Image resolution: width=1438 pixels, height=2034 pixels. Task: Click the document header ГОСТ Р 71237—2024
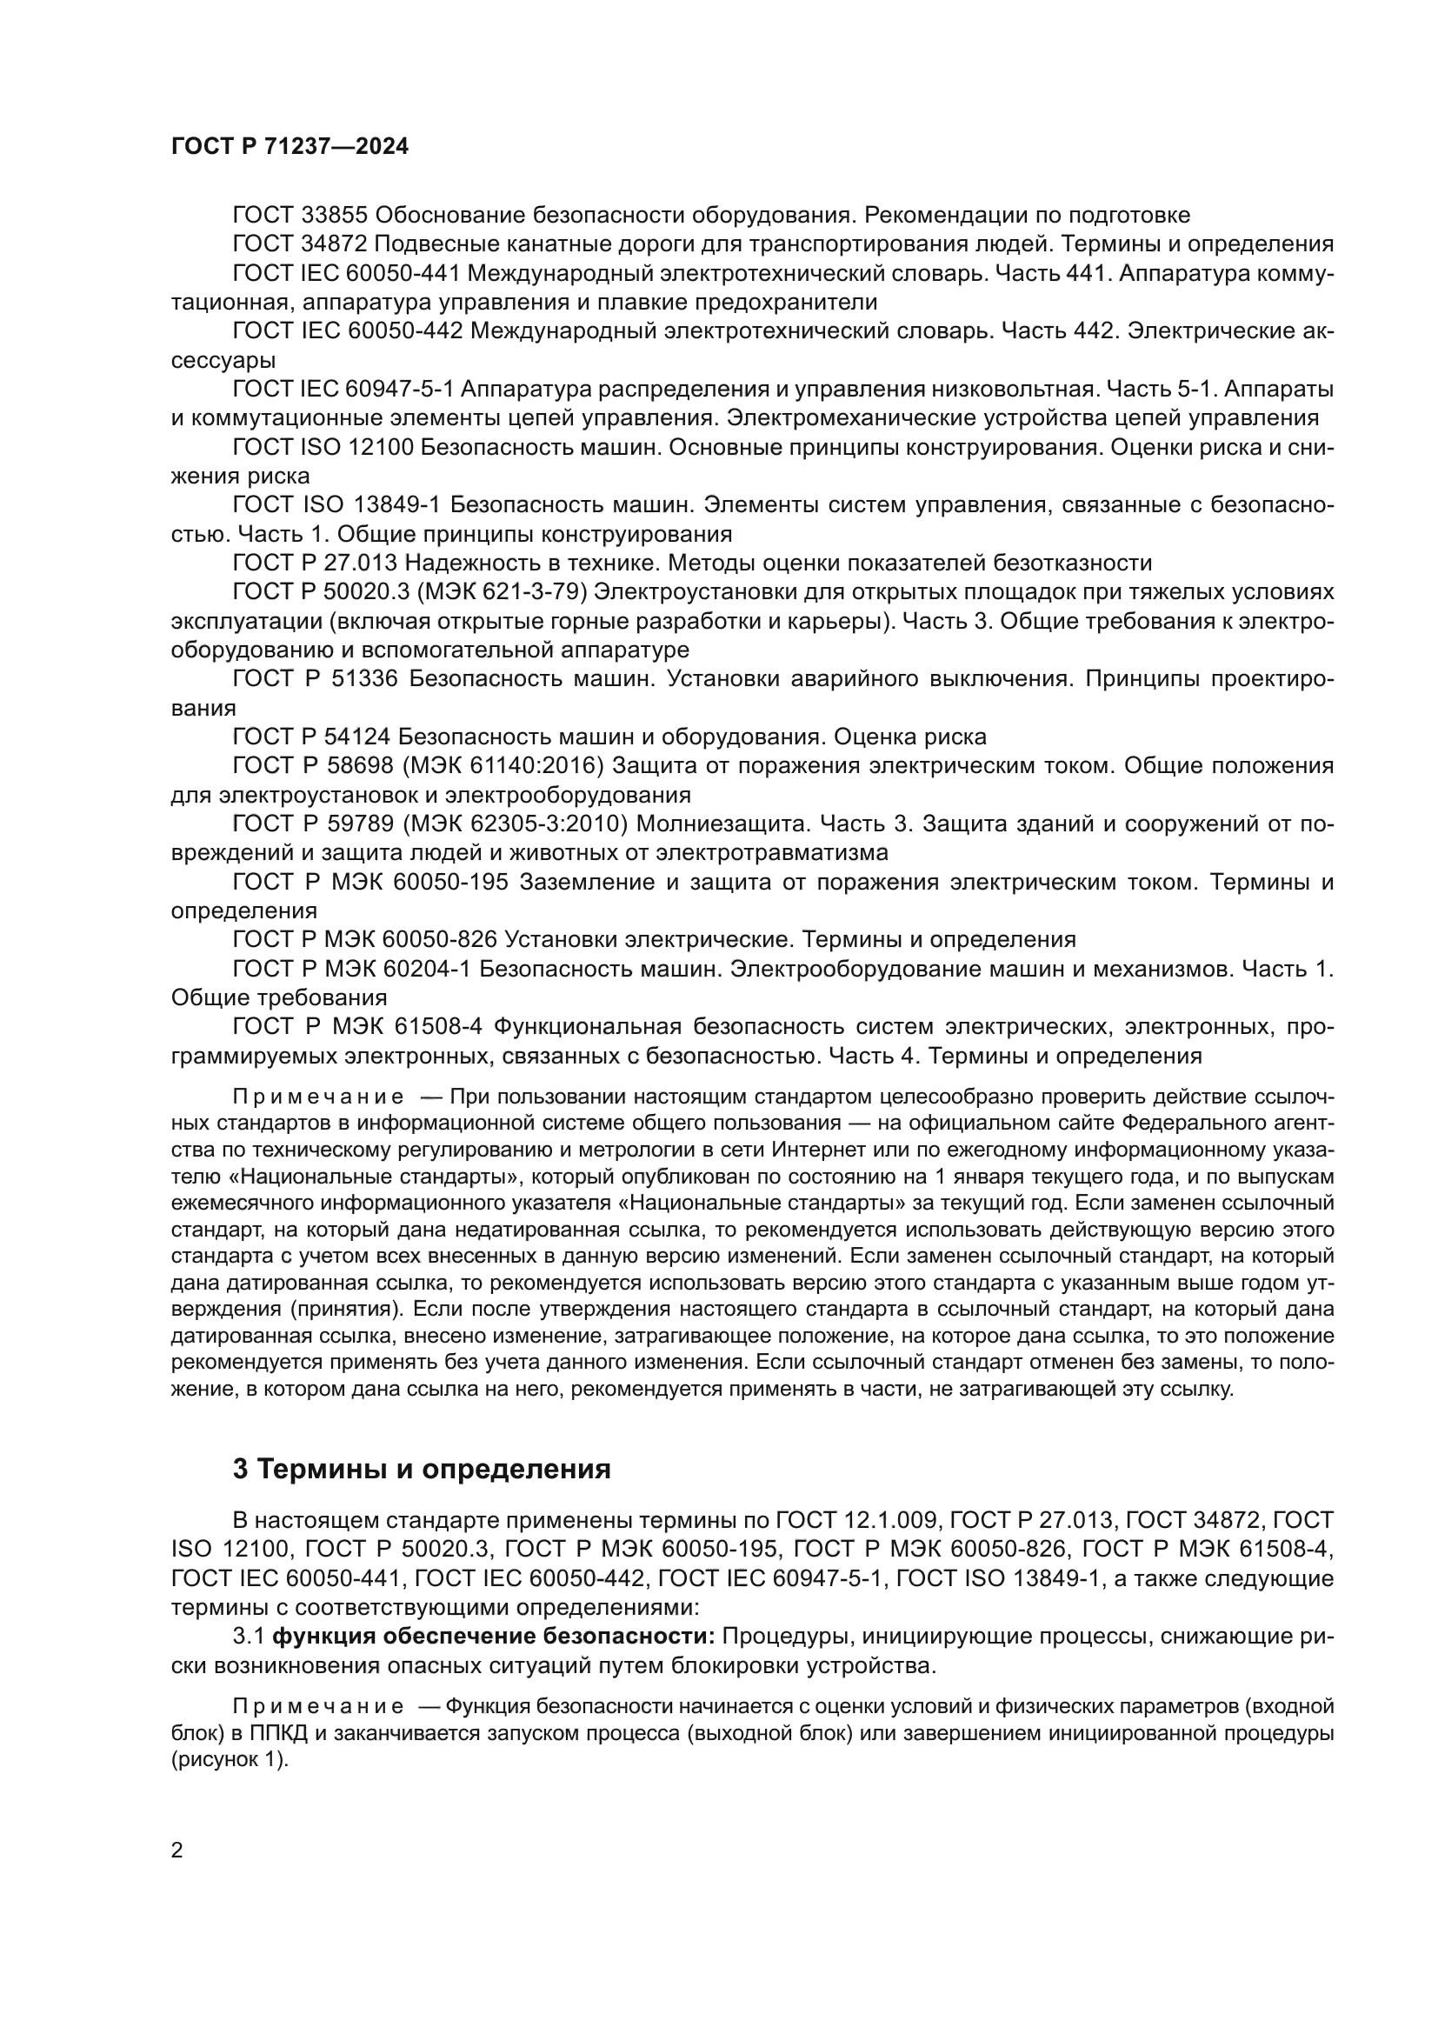(x=290, y=147)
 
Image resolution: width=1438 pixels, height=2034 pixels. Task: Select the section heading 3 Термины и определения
(x=422, y=1469)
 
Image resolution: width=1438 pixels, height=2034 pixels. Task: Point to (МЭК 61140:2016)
(x=504, y=766)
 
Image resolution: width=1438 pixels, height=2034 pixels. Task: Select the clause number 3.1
(x=248, y=1637)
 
